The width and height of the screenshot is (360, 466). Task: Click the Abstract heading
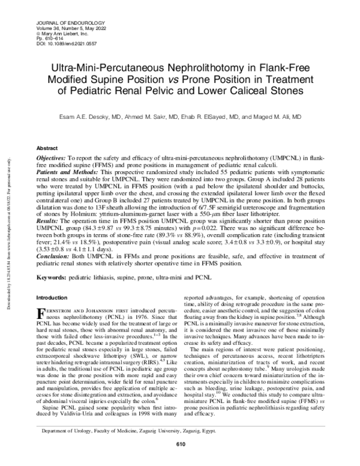pos(47,147)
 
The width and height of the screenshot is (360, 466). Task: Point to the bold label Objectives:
pos(52,156)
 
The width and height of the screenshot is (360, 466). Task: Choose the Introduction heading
pos(53,297)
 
